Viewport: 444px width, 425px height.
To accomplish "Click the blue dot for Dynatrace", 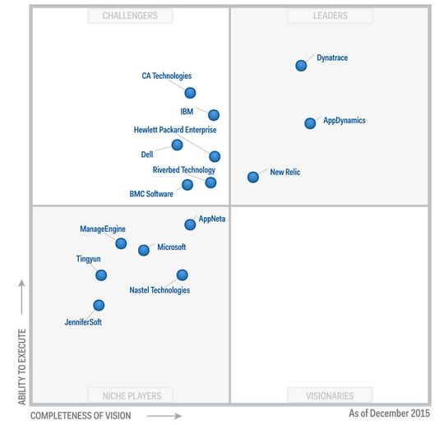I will tap(301, 66).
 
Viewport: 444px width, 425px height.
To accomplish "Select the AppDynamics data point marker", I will tap(310, 123).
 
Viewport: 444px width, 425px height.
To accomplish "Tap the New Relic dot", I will tap(253, 177).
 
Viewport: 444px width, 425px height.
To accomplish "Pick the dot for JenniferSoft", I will tap(99, 305).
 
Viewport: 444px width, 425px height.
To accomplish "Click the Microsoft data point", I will tap(144, 250).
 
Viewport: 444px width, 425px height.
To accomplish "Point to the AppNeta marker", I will tap(190, 224).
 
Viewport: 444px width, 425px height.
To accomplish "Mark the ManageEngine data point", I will tap(121, 243).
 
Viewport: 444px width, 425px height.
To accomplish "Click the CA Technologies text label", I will tap(166, 76).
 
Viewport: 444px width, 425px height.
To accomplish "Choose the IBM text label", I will tap(187, 111).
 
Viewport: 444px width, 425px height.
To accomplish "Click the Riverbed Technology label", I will tap(183, 170).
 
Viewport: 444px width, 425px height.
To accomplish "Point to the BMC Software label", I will tap(151, 194).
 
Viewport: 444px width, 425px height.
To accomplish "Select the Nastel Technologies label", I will tap(160, 290).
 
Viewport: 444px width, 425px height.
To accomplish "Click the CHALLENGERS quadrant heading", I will tap(130, 16).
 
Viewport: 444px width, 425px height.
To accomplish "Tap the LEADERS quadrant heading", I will tap(330, 16).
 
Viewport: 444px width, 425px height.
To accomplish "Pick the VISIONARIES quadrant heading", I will tap(330, 395).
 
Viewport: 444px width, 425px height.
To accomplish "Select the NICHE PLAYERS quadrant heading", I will tap(130, 395).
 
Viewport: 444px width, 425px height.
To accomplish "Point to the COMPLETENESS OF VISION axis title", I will tap(81, 416).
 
